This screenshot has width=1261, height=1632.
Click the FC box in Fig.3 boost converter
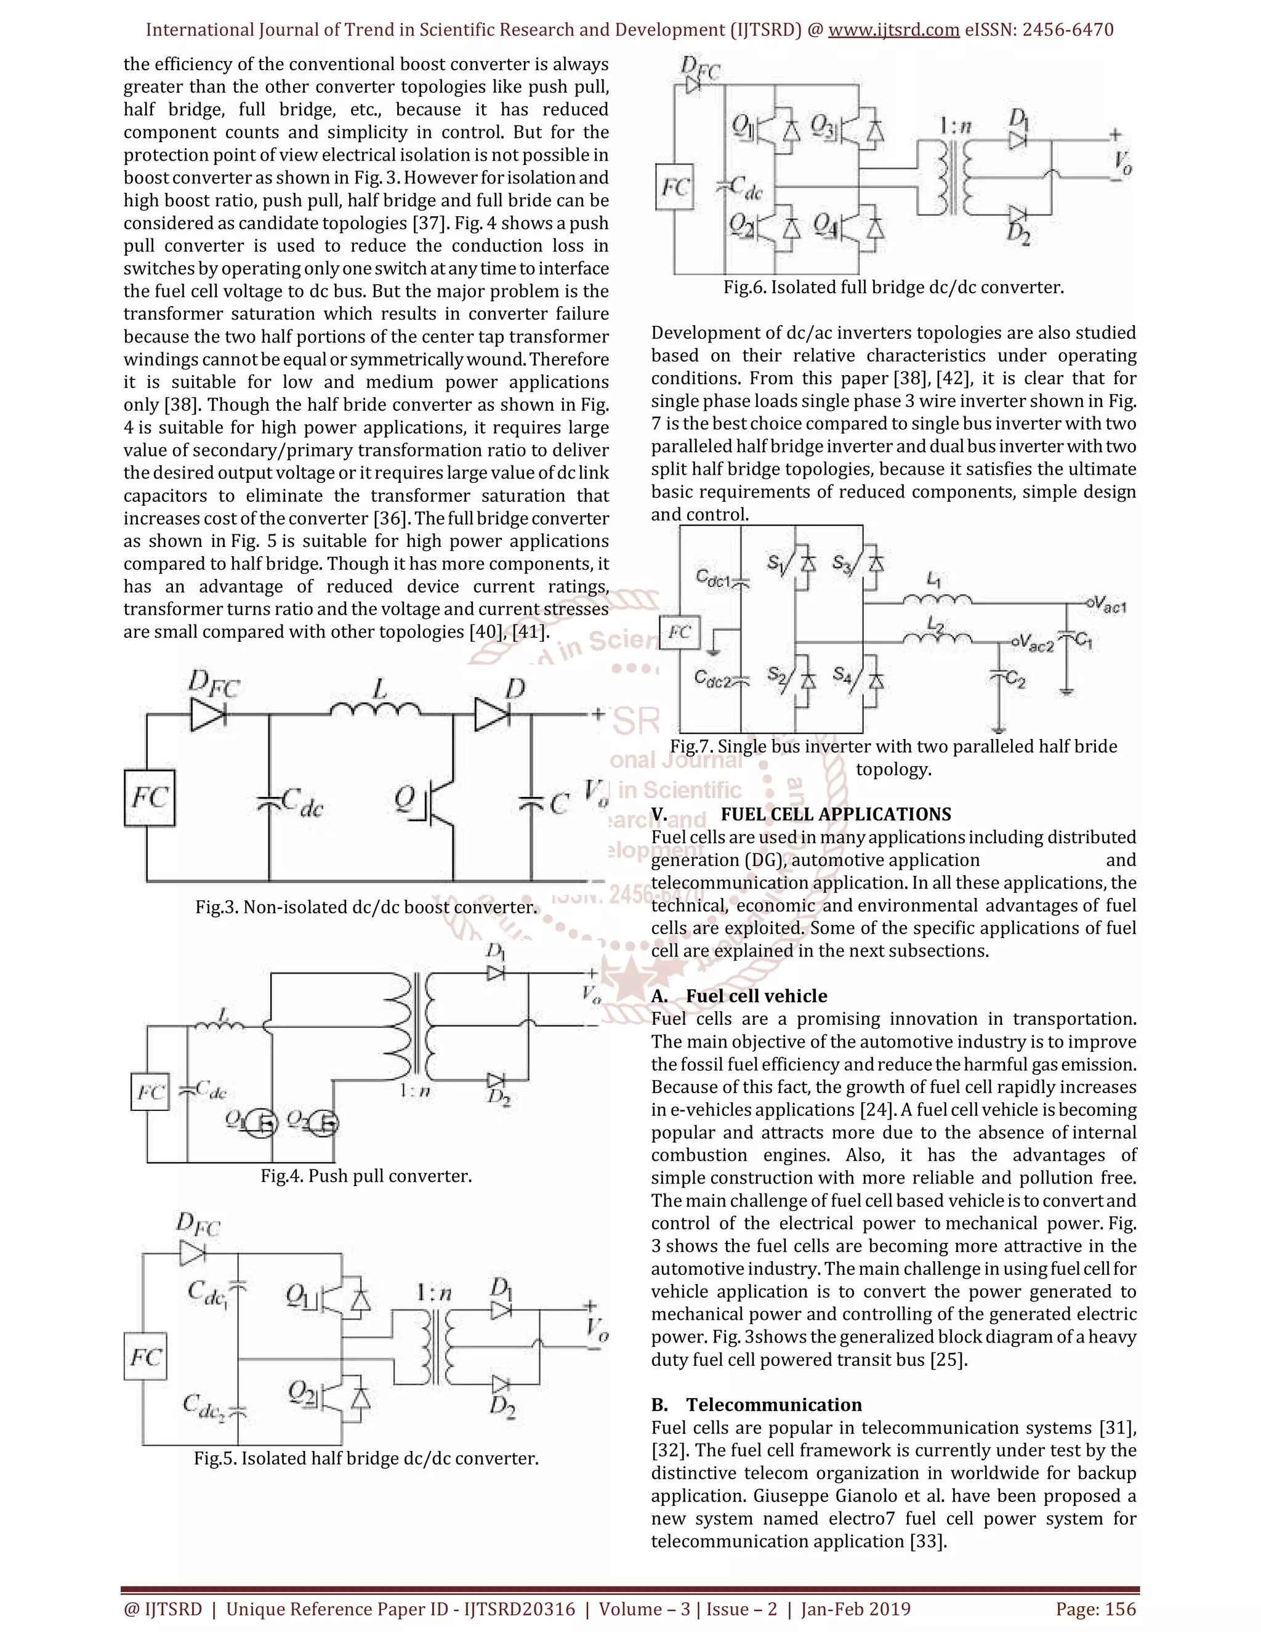[150, 798]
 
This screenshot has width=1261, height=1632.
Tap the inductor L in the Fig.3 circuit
[375, 708]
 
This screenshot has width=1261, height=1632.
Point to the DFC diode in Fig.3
[209, 714]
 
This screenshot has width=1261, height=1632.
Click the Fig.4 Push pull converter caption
[366, 1176]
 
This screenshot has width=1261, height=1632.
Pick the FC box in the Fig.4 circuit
[150, 1093]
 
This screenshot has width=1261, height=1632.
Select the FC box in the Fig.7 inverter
[679, 632]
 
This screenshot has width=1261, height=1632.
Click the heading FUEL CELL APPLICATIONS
[835, 815]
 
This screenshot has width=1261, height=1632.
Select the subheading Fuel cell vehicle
[756, 996]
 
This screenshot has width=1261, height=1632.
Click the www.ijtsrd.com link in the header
[893, 30]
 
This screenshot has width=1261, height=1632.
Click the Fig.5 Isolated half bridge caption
[366, 1458]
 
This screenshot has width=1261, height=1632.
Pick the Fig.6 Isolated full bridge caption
[893, 288]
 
